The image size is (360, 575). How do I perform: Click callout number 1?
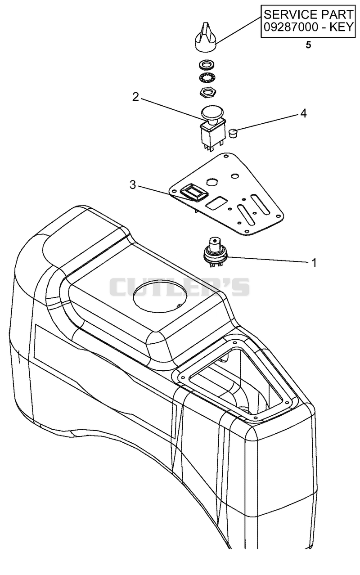[314, 263]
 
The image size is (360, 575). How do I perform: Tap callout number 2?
[135, 97]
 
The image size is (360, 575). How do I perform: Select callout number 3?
[132, 184]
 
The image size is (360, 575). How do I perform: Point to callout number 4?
[303, 113]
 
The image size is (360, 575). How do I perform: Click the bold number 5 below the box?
[308, 45]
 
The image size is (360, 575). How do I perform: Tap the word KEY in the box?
[341, 27]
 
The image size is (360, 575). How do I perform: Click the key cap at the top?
[205, 39]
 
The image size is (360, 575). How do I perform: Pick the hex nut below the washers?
[207, 91]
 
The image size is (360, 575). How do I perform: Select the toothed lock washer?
[207, 77]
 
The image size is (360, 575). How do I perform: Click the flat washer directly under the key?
[207, 65]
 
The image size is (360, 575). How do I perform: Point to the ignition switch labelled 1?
[215, 252]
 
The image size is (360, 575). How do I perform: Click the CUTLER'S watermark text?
[179, 287]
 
